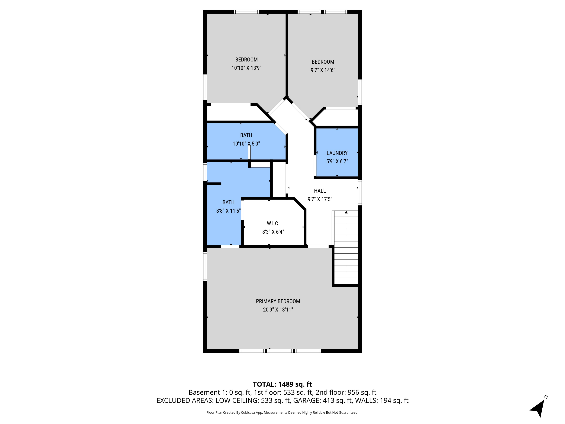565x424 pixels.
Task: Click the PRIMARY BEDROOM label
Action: pos(278,301)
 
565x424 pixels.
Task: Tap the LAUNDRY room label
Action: pos(337,153)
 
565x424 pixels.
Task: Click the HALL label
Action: pos(320,191)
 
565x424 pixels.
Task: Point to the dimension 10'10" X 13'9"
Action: pos(246,68)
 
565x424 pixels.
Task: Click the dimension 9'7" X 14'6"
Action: pos(323,70)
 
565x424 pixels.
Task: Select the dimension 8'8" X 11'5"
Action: pos(228,211)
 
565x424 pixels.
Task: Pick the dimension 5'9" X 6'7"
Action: pos(337,161)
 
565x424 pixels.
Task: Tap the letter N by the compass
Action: pos(546,397)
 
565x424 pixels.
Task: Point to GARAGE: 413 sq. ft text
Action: pos(322,400)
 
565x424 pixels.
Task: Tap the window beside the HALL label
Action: pos(360,193)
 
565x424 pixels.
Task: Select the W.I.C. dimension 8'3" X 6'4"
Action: pos(273,232)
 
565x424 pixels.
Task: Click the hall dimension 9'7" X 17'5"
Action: pos(320,199)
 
